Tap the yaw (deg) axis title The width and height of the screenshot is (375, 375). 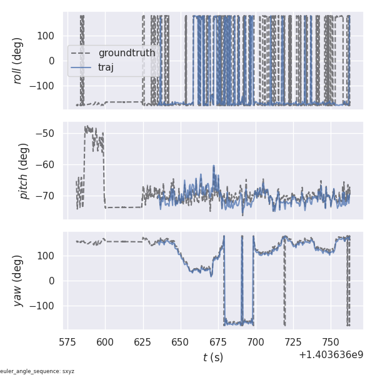coord(19,281)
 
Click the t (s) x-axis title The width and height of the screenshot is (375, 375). coord(213,357)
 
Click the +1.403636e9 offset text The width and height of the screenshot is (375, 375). coord(331,354)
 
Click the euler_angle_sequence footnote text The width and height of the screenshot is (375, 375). coord(37,371)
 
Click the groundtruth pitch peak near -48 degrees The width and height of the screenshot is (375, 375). coord(87,127)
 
